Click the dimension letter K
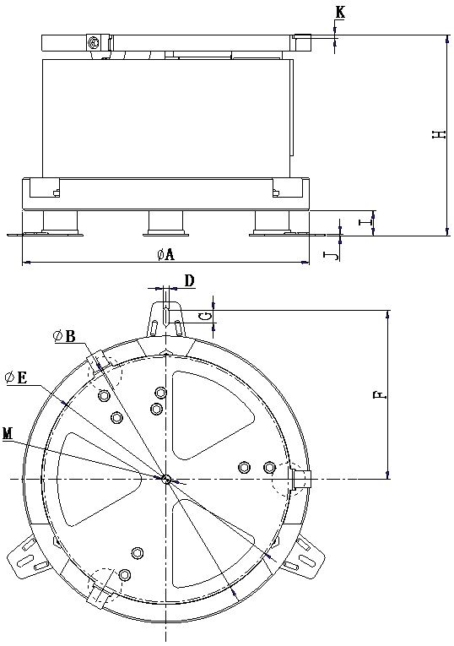(x=340, y=13)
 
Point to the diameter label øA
(x=166, y=254)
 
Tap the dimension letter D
(x=189, y=280)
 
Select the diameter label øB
(x=64, y=336)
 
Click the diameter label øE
(x=17, y=377)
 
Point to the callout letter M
(x=8, y=433)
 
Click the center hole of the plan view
(x=166, y=479)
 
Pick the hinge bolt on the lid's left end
(x=94, y=42)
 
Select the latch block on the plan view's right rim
(x=302, y=480)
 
